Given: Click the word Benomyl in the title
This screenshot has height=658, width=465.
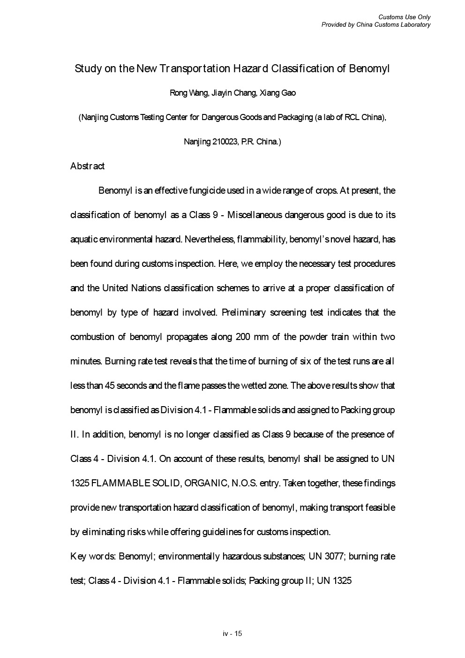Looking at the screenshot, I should coord(369,69).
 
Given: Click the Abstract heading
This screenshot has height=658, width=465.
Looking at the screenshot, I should coord(87,166).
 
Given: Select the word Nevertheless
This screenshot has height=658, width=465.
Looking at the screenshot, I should coord(210,240).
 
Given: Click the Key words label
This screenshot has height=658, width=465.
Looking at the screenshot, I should coord(93,557).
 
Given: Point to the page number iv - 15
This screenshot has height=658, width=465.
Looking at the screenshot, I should coord(232,634).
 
